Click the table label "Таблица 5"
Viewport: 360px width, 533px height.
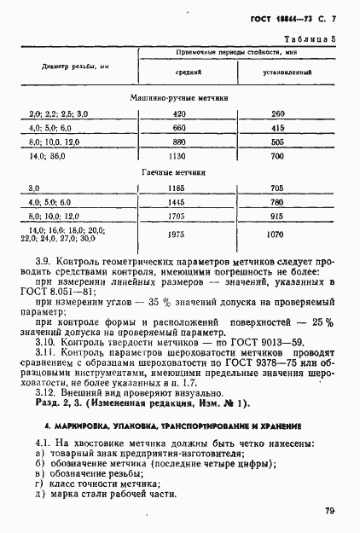pos(308,38)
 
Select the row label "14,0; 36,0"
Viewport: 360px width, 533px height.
pos(49,157)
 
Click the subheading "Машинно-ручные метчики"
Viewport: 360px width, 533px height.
pos(180,98)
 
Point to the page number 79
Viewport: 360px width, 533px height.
pos(329,510)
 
